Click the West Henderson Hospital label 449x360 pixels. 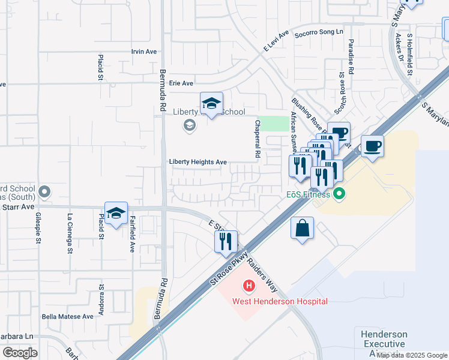click(280, 301)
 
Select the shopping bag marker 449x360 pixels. click(303, 229)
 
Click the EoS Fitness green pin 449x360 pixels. click(340, 194)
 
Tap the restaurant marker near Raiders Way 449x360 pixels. click(226, 242)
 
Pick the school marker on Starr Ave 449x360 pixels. click(116, 214)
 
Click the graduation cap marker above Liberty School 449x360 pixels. click(211, 104)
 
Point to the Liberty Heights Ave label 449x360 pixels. click(197, 162)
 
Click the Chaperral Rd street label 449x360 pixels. click(258, 145)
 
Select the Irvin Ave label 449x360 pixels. click(143, 52)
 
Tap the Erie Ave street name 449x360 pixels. click(181, 83)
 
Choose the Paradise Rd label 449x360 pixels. click(351, 53)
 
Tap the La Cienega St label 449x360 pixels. click(70, 234)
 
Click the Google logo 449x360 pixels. click(20, 353)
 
